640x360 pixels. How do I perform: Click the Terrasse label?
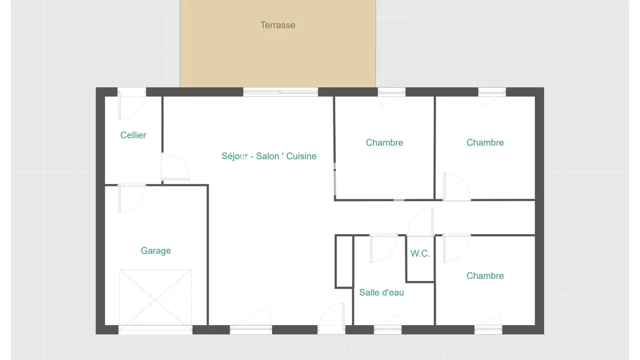pos(278,25)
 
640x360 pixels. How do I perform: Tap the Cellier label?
pos(133,135)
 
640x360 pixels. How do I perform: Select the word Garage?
pos(156,251)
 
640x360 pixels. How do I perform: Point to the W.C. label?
pos(420,253)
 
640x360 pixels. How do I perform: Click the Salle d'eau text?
pos(381,293)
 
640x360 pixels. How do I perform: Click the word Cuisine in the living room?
pos(301,156)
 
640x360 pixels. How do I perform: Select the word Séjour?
pos(235,156)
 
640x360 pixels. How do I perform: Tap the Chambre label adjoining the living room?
pos(385,142)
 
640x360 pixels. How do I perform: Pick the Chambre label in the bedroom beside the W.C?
pos(485,276)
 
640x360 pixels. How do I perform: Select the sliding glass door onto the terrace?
pos(281,92)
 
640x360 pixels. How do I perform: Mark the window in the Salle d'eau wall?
pos(388,330)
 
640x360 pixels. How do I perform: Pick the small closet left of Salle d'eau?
pos(344,261)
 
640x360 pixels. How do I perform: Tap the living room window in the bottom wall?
pos(251,330)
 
